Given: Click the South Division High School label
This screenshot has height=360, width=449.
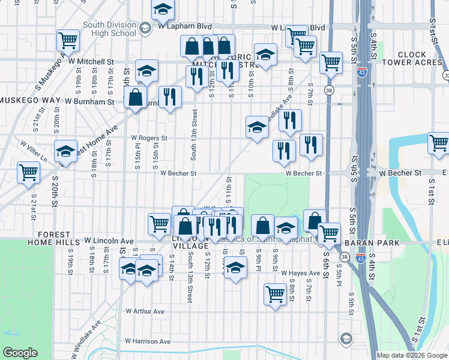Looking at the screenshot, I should (110, 29).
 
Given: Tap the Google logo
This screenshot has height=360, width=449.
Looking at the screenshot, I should (20, 353).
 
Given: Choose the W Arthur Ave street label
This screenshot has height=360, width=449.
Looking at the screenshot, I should (145, 311).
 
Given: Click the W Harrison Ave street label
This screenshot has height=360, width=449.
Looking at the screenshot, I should (148, 341).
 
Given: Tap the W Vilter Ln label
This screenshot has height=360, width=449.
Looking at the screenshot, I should (34, 145).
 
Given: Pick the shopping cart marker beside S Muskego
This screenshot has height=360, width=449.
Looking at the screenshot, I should (68, 41).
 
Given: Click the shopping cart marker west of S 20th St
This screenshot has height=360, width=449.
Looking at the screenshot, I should (28, 173).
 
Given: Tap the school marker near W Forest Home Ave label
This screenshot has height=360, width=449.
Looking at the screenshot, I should (65, 151).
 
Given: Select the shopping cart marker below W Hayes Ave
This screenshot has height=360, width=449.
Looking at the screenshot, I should (275, 294).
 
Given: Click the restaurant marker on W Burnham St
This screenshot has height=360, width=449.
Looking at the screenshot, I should (170, 97).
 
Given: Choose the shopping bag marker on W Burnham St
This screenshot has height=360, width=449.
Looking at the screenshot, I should (137, 97).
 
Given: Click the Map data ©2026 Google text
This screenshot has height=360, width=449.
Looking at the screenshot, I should (411, 355).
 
